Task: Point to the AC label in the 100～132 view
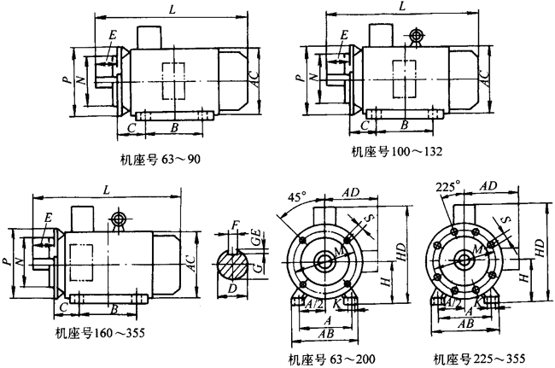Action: (x=483, y=74)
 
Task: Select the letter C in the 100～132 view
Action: (x=365, y=124)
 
